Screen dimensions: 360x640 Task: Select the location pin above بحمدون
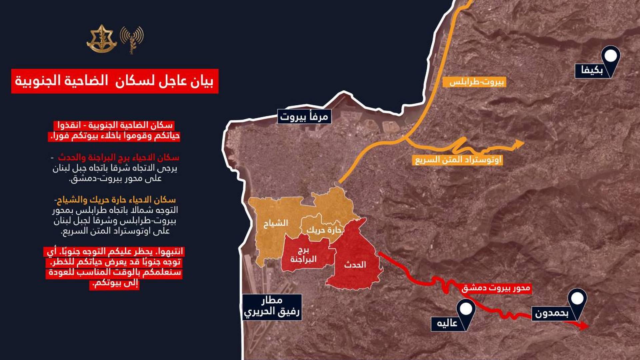577,299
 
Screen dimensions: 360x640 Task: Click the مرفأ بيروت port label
304,117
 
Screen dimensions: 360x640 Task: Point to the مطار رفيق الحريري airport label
272,307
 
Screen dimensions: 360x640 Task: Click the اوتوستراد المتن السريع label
458,160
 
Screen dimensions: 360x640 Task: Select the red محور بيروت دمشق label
496,288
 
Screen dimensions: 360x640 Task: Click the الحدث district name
355,265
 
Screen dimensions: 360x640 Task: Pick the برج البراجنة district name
303,255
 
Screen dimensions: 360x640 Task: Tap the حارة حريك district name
324,230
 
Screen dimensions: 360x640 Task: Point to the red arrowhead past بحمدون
584,326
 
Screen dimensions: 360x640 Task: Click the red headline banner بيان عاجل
115,81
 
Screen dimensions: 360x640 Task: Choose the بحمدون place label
551,313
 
